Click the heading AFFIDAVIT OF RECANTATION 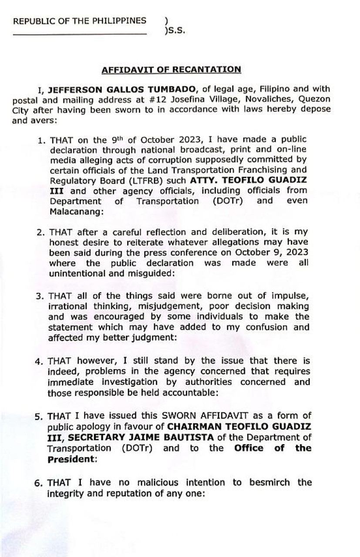point(171,70)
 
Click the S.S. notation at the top point(175,31)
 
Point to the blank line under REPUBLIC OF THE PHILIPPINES point(80,34)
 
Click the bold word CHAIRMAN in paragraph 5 point(195,426)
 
